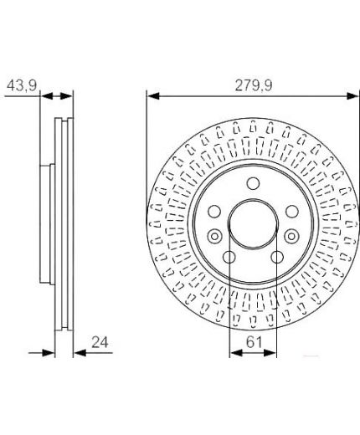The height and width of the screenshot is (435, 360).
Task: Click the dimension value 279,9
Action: click(x=253, y=85)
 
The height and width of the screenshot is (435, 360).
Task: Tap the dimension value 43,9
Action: click(x=22, y=85)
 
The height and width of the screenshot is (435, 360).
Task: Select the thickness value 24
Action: click(x=100, y=342)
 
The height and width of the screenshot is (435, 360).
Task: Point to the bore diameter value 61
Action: click(x=254, y=342)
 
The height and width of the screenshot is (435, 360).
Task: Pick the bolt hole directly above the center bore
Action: click(x=253, y=183)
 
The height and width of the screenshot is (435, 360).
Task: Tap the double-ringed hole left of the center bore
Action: click(x=214, y=237)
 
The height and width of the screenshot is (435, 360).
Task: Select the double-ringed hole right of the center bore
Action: click(x=291, y=237)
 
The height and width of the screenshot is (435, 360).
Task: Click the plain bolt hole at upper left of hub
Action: click(x=214, y=212)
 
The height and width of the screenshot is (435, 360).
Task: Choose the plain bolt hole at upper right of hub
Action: click(x=292, y=212)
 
